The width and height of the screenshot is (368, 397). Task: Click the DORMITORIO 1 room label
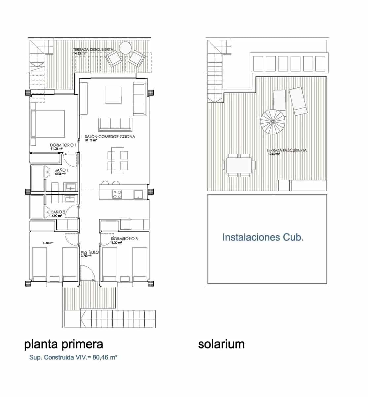pyautogui.click(x=63, y=145)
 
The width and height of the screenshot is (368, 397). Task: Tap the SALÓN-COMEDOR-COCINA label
pyautogui.click(x=110, y=136)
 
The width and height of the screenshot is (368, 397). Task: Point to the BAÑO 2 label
pyautogui.click(x=58, y=212)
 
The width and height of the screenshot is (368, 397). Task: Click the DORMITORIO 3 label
pyautogui.click(x=122, y=239)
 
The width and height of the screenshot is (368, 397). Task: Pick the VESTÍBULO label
pyautogui.click(x=90, y=252)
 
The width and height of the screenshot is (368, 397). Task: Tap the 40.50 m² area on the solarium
pyautogui.click(x=274, y=154)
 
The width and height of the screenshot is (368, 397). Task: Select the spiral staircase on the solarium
pyautogui.click(x=273, y=121)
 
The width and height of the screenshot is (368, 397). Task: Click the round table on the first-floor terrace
pyautogui.click(x=126, y=48)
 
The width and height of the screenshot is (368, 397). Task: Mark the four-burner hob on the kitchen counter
pyautogui.click(x=117, y=194)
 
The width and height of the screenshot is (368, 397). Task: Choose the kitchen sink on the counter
pyautogui.click(x=138, y=194)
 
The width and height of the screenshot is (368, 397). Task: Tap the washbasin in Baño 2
pyautogui.click(x=70, y=199)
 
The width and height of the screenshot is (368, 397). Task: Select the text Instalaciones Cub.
pyautogui.click(x=263, y=237)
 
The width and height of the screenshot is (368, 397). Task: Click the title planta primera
pyautogui.click(x=64, y=344)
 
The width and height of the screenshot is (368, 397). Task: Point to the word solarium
pyautogui.click(x=221, y=344)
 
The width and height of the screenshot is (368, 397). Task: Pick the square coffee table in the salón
pyautogui.click(x=113, y=95)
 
